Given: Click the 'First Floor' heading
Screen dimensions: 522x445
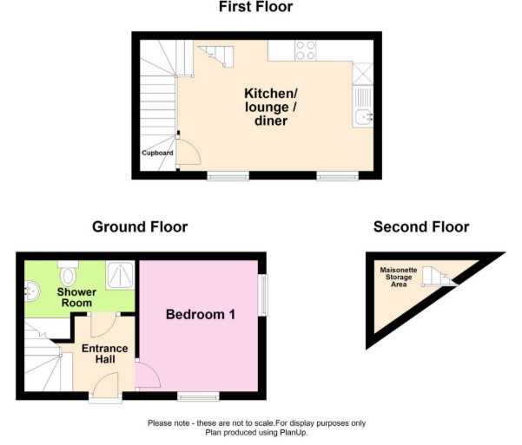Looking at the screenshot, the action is click(x=255, y=7).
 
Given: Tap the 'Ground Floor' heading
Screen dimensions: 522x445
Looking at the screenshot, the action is click(x=140, y=226).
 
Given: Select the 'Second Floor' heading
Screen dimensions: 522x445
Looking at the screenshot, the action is click(x=421, y=226).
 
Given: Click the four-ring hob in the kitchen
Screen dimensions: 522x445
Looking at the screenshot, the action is click(x=305, y=50).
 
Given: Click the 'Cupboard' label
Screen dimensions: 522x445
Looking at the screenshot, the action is click(x=157, y=153).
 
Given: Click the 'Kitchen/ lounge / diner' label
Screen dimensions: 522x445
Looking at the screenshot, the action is click(x=271, y=107).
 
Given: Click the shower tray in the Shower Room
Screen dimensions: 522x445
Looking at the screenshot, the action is click(x=120, y=275).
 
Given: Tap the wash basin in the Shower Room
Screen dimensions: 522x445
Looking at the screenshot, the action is click(x=32, y=291).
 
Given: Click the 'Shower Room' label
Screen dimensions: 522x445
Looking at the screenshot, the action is click(x=76, y=298).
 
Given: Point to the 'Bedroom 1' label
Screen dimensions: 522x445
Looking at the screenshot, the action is click(x=201, y=314).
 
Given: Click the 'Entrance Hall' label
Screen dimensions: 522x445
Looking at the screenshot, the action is click(x=105, y=354).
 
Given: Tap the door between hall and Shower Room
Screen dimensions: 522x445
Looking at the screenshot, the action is click(x=103, y=325).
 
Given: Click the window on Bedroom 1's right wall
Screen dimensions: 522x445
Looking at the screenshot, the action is click(x=263, y=295).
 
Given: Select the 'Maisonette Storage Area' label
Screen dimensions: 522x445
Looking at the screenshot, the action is click(x=399, y=277).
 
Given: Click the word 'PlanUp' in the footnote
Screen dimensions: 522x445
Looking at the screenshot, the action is click(x=294, y=433).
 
